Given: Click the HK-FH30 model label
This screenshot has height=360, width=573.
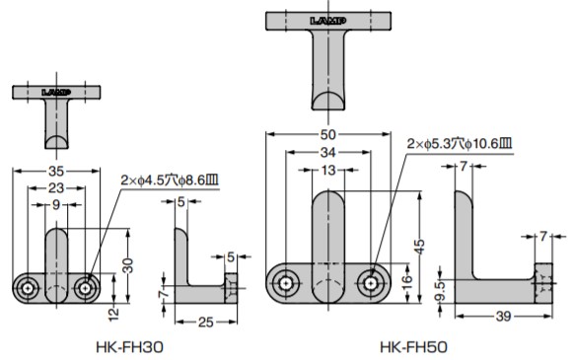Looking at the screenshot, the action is [x=129, y=347].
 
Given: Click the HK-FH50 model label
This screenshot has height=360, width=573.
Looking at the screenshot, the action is [x=413, y=347].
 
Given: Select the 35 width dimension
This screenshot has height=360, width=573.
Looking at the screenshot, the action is [x=56, y=171].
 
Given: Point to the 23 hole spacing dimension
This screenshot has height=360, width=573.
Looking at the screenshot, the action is [x=56, y=187].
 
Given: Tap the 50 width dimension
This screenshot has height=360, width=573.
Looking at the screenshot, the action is [x=327, y=134].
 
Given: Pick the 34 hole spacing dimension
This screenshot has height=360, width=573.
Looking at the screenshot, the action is [x=327, y=152].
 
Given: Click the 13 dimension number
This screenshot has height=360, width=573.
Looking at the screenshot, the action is [x=328, y=170].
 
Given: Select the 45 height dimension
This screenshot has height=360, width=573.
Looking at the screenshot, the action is [x=419, y=247].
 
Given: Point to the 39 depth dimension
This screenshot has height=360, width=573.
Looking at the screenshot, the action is [x=503, y=317].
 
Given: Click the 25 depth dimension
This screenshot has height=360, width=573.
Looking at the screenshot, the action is [x=206, y=323].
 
